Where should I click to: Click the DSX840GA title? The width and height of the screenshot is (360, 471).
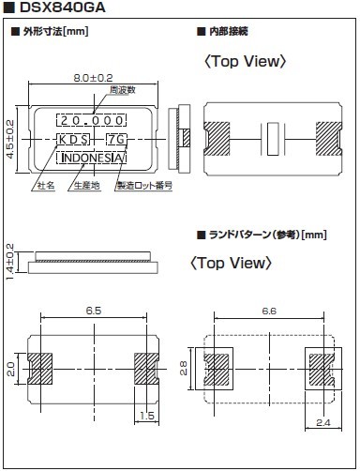pyautogui.click(x=63, y=8)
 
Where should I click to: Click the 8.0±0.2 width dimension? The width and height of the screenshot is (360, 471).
pyautogui.click(x=93, y=78)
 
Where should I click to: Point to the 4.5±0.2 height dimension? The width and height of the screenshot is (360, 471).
pyautogui.click(x=10, y=139)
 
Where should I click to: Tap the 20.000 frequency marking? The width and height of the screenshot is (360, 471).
pyautogui.click(x=92, y=120)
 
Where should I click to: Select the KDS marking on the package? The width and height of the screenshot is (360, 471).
pyautogui.click(x=73, y=140)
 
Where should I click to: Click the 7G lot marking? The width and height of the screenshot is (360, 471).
pyautogui.click(x=116, y=140)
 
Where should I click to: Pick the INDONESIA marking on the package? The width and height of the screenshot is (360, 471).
pyautogui.click(x=92, y=158)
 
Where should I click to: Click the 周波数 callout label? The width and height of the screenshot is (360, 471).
pyautogui.click(x=123, y=90)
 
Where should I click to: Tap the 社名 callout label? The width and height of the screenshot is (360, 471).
pyautogui.click(x=46, y=186)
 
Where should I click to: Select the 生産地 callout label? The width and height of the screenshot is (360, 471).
pyautogui.click(x=86, y=186)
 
